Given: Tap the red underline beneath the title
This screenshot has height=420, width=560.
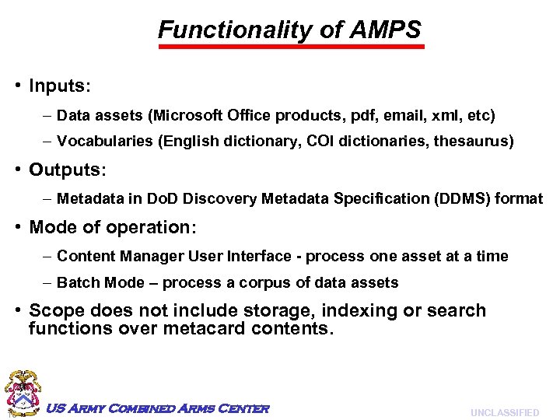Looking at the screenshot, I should point(292,47).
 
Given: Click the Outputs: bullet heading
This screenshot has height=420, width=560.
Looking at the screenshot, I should point(68,170).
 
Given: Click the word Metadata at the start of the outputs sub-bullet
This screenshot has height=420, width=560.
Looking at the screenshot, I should point(89,199).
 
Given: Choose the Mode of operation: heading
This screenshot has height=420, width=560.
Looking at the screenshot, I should point(114,227).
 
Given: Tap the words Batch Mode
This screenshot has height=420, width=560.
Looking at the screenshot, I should point(101,283).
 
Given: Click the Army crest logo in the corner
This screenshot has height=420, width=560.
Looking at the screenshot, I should point(23,393).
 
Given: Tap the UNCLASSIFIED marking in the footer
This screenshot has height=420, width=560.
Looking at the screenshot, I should point(504,413).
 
